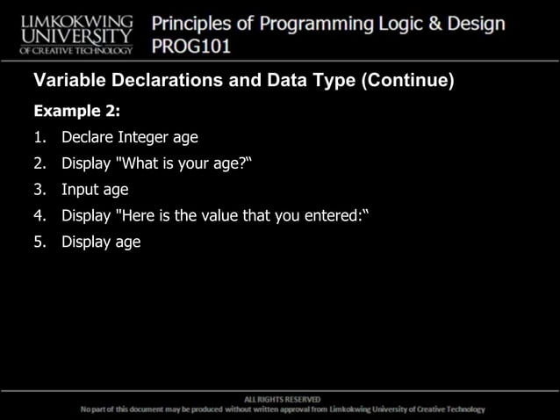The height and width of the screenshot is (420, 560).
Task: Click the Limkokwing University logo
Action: [x=76, y=33]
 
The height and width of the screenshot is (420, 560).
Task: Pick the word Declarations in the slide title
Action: [x=157, y=83]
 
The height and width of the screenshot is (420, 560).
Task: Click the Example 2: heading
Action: [x=76, y=112]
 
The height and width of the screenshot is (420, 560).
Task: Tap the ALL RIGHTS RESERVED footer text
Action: [x=282, y=399]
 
